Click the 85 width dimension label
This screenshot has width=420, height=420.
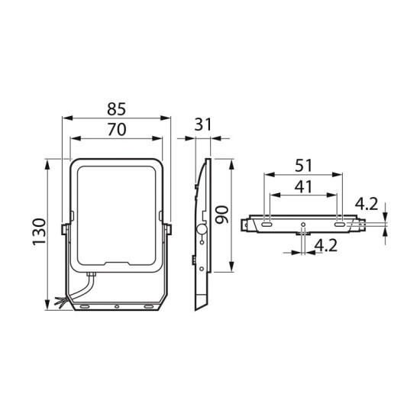click(117, 109)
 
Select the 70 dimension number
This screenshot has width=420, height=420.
click(117, 129)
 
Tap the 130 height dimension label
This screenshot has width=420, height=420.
click(40, 232)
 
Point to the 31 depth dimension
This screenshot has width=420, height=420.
click(203, 124)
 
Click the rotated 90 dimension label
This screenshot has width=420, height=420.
click(222, 215)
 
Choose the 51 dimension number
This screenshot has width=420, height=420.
click(303, 166)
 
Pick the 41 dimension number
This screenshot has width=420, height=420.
click(303, 186)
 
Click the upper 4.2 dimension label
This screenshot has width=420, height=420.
click(367, 204)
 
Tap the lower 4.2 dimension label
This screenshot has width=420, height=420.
click(326, 245)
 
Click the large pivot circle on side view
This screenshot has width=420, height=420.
click(202, 230)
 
